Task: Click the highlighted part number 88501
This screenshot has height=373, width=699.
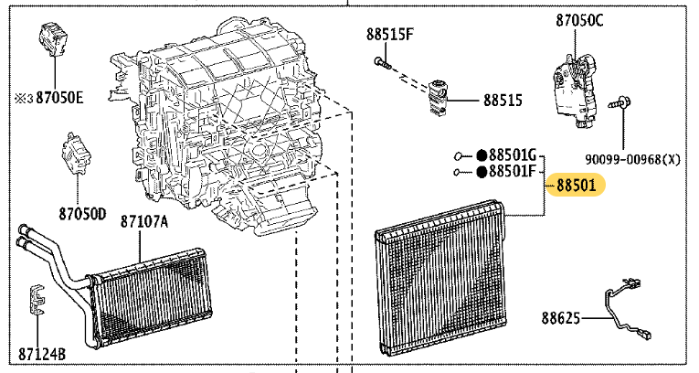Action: tap(576, 185)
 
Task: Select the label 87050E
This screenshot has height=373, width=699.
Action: tap(59, 97)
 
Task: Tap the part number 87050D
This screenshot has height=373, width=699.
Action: tap(83, 214)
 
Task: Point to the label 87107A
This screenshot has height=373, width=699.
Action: tap(144, 221)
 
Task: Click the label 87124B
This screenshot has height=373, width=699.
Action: tap(42, 355)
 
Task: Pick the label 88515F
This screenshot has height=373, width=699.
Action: tap(390, 35)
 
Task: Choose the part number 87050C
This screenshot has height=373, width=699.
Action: tap(579, 20)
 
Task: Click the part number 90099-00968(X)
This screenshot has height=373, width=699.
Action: tap(632, 159)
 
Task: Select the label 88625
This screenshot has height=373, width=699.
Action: tap(561, 318)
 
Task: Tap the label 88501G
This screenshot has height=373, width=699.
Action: tap(513, 155)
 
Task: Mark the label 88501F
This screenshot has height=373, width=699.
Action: tap(512, 171)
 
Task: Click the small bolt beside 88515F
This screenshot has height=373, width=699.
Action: tap(383, 63)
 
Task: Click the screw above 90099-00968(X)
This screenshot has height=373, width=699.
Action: tap(620, 103)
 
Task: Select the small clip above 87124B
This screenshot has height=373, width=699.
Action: tap(37, 299)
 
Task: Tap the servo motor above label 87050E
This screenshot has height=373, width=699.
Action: tap(54, 38)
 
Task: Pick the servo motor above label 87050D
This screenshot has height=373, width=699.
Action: tap(76, 153)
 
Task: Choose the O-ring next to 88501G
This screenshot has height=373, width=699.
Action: tap(458, 156)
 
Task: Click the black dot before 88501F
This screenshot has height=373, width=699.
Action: tap(482, 172)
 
